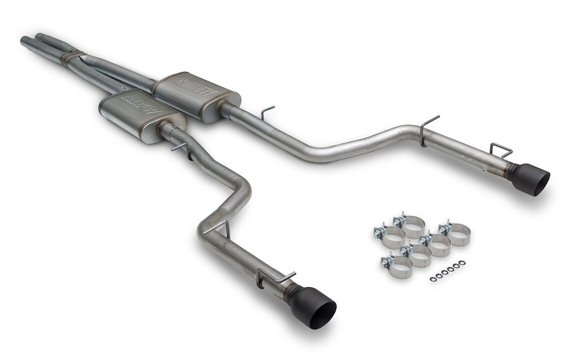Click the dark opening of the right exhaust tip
539,184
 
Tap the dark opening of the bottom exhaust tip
321,311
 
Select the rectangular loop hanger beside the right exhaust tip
501,150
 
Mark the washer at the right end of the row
463,262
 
